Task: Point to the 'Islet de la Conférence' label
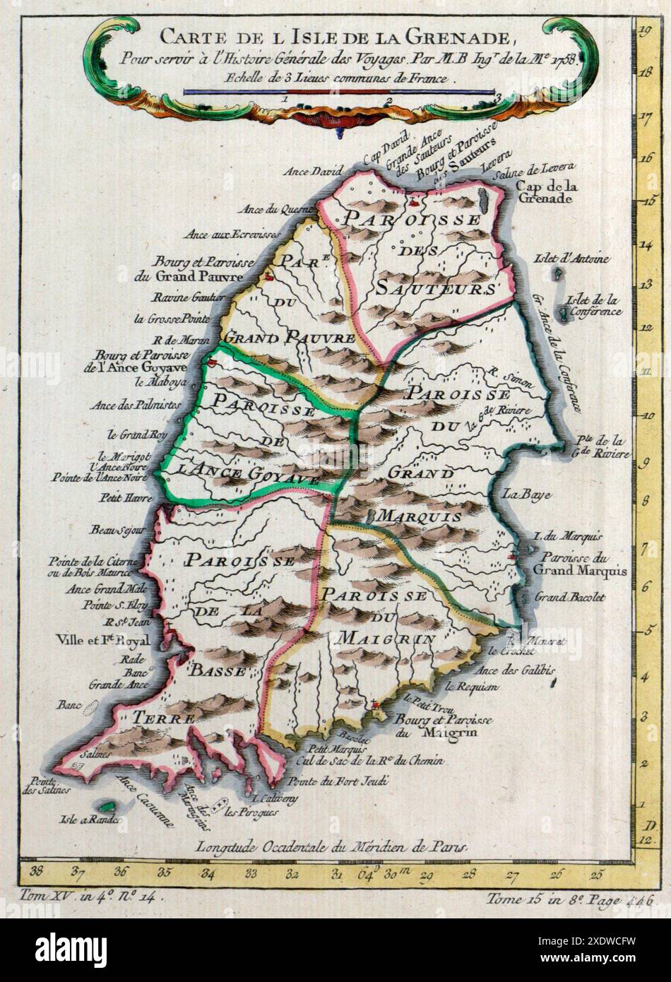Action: [x=592, y=305]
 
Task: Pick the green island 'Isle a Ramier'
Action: [x=107, y=806]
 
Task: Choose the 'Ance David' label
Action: [x=312, y=171]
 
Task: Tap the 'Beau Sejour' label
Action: [x=117, y=529]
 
